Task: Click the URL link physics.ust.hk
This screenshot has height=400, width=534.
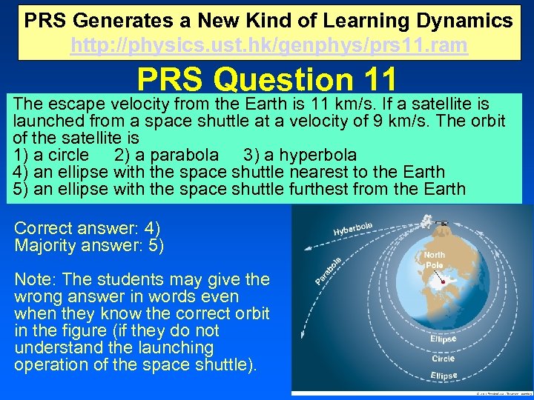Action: (268, 46)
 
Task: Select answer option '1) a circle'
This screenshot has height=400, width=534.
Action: (50, 155)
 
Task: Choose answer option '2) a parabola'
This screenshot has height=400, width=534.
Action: (166, 155)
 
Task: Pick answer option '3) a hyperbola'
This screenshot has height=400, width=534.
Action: (300, 155)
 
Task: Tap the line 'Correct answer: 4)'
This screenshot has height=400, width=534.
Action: (88, 228)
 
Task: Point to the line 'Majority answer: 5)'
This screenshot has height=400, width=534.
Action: (89, 245)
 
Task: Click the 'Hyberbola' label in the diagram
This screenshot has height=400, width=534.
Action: (353, 227)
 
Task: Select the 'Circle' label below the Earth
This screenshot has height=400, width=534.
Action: (444, 359)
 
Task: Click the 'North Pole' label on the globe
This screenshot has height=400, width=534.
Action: (435, 260)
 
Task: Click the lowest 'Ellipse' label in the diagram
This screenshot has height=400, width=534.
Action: (444, 376)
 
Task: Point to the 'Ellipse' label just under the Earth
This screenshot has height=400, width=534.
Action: (444, 339)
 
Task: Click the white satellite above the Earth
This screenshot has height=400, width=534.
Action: (428, 220)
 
